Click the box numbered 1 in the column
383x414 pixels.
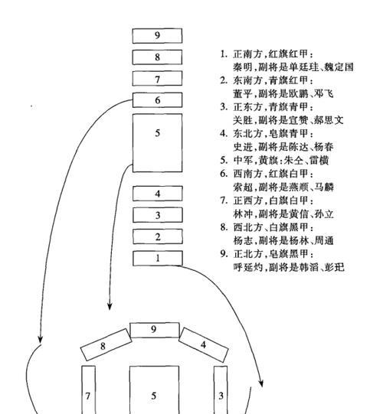tap(158, 258)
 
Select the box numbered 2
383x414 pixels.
tap(158, 236)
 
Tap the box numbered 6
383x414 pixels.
tap(157, 100)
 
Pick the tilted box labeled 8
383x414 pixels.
tap(106, 345)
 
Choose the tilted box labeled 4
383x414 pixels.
tap(204, 344)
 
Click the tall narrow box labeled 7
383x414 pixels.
tap(88, 390)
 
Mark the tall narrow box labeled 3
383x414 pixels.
tap(221, 390)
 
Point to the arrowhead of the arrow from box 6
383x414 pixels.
tap(40, 340)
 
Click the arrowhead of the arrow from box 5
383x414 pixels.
tap(110, 306)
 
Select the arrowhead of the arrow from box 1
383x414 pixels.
tap(261, 383)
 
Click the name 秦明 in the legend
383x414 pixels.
tap(243, 67)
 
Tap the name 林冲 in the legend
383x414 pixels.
tap(243, 214)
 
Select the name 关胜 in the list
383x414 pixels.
tap(243, 120)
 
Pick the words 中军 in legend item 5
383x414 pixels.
tap(243, 160)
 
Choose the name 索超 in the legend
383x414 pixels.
tap(243, 187)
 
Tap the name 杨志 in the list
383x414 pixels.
tap(243, 240)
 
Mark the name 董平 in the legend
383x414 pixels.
tap(243, 93)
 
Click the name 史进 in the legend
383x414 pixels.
tap(243, 147)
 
